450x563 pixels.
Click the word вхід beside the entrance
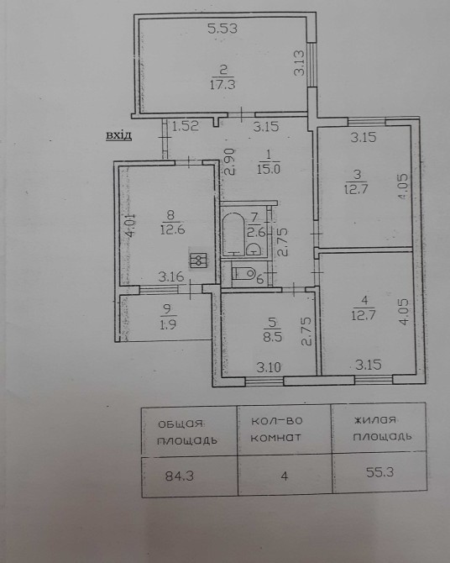(118, 136)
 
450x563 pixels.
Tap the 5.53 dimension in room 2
(222, 29)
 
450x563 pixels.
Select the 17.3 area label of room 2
(222, 85)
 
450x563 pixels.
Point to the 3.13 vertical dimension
(299, 63)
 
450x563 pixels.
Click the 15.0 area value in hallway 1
(269, 169)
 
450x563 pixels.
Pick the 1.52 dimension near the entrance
(186, 126)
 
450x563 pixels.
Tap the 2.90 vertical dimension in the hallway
(230, 161)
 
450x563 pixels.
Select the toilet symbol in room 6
(243, 274)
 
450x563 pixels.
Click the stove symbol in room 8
(198, 260)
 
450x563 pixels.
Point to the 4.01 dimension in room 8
(131, 224)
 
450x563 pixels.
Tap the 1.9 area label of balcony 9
(168, 324)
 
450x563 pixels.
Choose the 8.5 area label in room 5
(273, 337)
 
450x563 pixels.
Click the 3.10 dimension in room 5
(269, 367)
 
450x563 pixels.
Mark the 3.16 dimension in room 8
(171, 276)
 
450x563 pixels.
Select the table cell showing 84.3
(190, 476)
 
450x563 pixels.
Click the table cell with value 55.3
(379, 471)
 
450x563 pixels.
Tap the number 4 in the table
(285, 476)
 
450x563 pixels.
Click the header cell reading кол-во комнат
(285, 430)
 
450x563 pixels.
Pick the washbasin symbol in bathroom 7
(254, 250)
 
